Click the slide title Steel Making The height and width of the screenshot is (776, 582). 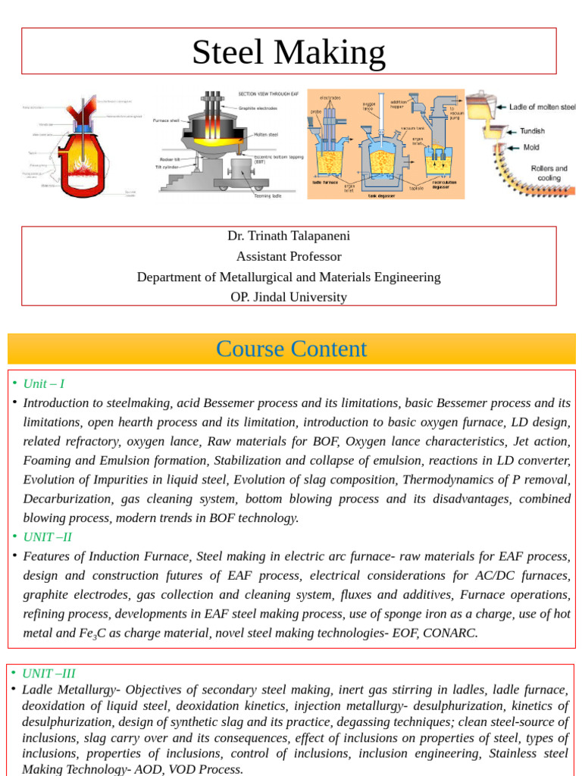[x=289, y=52]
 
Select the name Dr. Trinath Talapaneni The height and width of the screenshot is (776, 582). [x=289, y=236]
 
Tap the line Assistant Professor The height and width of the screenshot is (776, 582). [x=289, y=256]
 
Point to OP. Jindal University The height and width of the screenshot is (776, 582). [x=289, y=297]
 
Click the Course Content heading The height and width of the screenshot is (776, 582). [x=291, y=349]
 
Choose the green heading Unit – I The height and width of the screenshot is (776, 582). [x=44, y=383]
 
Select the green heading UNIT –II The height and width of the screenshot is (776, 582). [x=48, y=537]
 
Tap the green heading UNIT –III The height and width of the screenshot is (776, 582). [x=48, y=673]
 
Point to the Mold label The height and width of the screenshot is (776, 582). [x=531, y=148]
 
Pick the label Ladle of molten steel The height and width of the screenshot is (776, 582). [x=542, y=108]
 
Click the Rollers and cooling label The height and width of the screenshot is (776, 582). [x=549, y=173]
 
